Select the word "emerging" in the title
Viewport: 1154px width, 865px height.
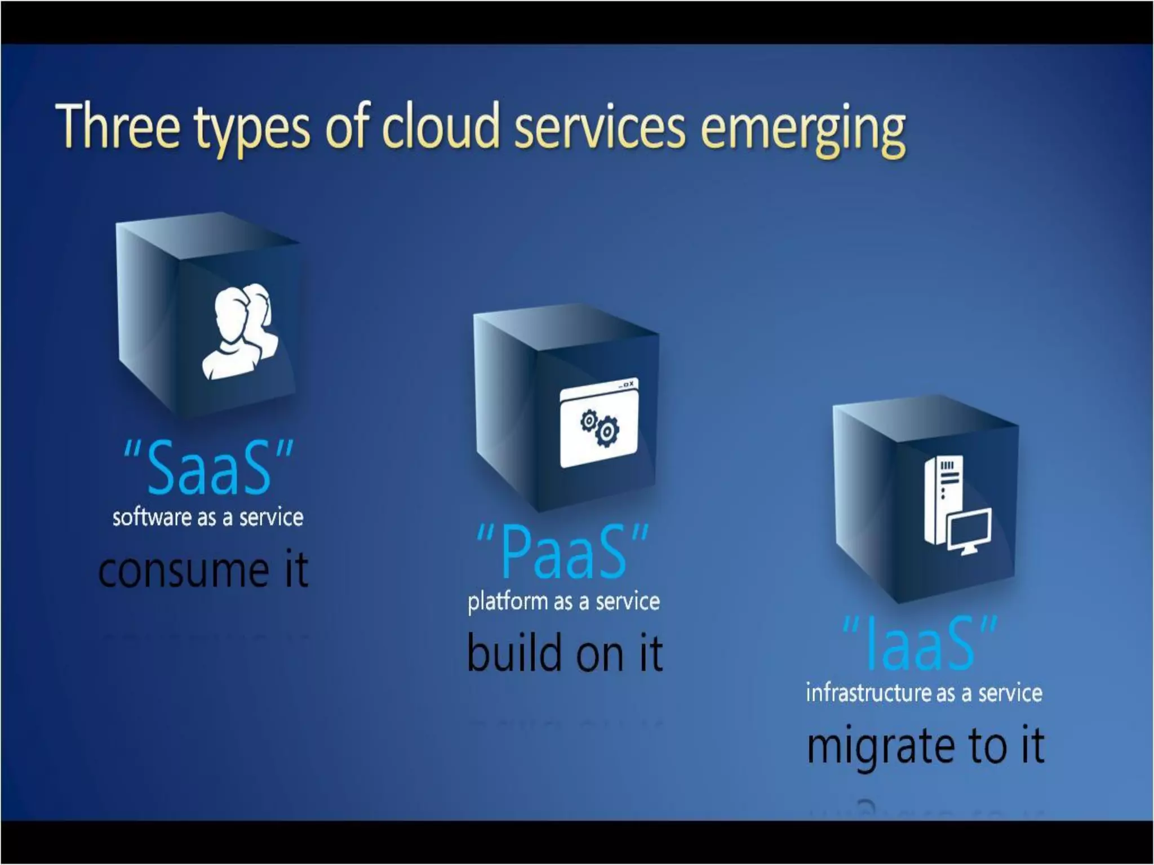pyautogui.click(x=802, y=128)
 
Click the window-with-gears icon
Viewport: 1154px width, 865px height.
pyautogui.click(x=599, y=423)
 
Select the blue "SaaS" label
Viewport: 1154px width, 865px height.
pyautogui.click(x=208, y=467)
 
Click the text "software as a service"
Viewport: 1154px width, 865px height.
pyautogui.click(x=208, y=518)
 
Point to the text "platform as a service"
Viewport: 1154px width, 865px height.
pyautogui.click(x=563, y=601)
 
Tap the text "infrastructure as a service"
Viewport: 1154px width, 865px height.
pyautogui.click(x=924, y=693)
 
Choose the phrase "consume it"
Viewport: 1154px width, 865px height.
pyautogui.click(x=203, y=569)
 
